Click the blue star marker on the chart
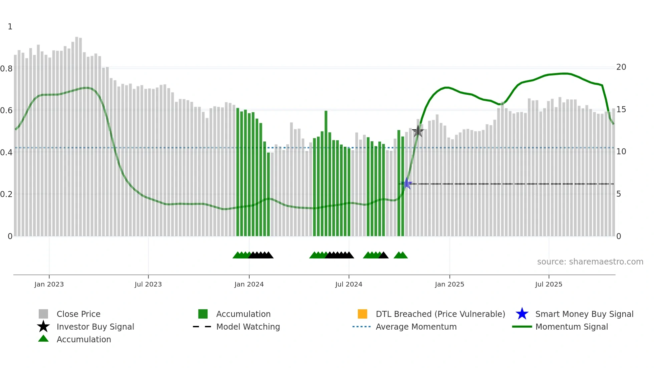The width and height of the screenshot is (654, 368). click(x=407, y=183)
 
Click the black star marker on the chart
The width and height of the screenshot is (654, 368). click(x=418, y=131)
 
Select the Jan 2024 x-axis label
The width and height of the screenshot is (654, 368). click(x=249, y=284)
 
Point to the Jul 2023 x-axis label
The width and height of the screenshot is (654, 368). click(x=148, y=284)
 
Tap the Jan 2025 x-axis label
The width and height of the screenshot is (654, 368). click(x=449, y=284)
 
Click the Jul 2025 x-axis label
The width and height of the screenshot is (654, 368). click(x=549, y=284)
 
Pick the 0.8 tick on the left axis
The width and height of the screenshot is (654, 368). click(x=6, y=69)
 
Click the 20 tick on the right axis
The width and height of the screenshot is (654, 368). click(x=621, y=67)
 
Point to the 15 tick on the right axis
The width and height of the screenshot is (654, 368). click(x=621, y=110)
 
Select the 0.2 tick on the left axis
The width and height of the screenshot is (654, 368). click(x=6, y=194)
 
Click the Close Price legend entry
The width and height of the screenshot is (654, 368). click(x=78, y=314)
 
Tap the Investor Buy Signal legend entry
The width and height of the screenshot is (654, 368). click(x=95, y=327)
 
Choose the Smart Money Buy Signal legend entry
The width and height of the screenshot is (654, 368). click(x=584, y=314)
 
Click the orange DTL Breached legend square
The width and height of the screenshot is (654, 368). click(x=362, y=314)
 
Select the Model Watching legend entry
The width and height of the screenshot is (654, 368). click(x=248, y=327)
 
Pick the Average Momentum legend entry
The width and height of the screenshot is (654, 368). click(x=416, y=327)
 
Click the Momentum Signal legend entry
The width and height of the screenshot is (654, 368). click(x=572, y=327)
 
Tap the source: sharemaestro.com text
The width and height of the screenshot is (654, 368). click(x=590, y=262)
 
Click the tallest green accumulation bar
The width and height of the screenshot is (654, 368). click(x=326, y=174)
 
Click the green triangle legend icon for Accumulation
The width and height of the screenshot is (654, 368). click(x=43, y=339)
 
